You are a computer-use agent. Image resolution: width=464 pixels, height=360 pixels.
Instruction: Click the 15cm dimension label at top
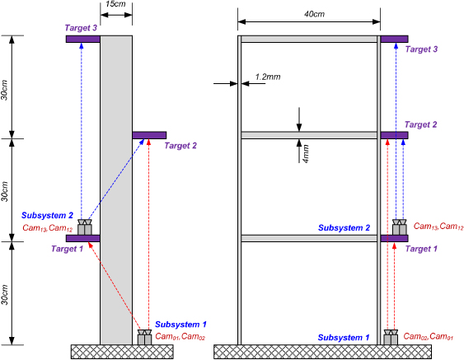click(116, 5)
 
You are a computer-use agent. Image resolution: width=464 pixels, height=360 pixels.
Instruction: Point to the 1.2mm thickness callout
click(269, 77)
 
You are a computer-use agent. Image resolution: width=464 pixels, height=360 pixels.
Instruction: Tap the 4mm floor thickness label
click(306, 153)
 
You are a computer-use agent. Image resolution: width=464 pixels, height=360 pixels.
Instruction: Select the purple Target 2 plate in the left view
click(149, 134)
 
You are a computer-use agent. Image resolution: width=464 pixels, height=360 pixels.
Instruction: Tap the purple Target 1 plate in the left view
click(82, 238)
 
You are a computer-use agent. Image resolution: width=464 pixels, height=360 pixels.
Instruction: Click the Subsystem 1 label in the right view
click(343, 338)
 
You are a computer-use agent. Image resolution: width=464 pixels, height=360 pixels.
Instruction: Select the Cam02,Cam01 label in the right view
click(432, 336)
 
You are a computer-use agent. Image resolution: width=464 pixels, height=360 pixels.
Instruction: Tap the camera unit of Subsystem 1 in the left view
click(144, 337)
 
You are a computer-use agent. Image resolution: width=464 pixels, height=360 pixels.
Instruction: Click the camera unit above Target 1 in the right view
click(400, 227)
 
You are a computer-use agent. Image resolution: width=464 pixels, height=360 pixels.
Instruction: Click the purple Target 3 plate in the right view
click(395, 39)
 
